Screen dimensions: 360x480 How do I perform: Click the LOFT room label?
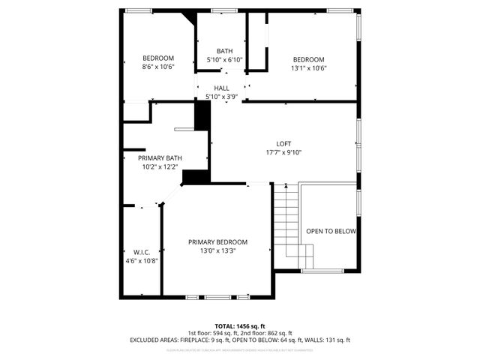pos(283,144)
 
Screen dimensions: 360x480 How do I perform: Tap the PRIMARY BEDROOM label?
pos(217,241)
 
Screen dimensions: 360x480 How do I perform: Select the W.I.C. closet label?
pos(142,251)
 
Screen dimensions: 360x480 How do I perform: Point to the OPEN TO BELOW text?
pos(331,231)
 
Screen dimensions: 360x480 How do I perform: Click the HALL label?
pos(222,88)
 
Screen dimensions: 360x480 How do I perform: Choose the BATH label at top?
pos(225,51)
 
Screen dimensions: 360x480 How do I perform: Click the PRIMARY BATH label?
pos(160,158)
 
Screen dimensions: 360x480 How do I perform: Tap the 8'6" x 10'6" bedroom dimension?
pos(158,67)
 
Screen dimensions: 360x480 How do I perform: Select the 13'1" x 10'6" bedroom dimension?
pos(308,68)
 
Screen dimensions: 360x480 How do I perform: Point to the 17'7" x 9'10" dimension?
pos(283,152)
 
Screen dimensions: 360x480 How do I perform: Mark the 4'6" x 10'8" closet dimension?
pos(142,260)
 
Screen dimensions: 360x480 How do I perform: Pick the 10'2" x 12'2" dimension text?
pos(160,166)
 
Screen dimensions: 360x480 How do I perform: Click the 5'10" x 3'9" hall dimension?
pos(222,97)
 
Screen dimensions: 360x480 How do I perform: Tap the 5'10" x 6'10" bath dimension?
pos(225,60)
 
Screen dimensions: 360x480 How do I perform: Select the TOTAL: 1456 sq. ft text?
pos(239,325)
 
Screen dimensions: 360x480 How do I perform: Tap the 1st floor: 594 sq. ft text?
pos(213,333)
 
